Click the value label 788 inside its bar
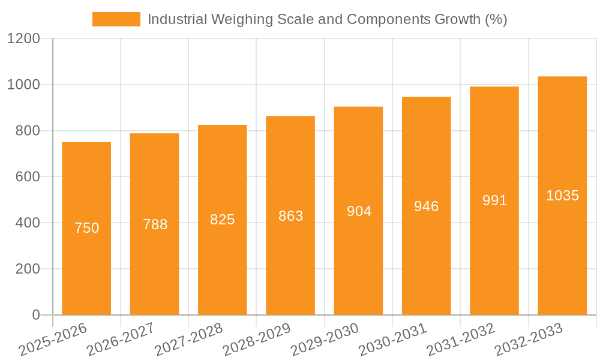tap(155, 224)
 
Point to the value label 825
tap(223, 220)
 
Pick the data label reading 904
tap(359, 211)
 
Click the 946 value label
tap(427, 206)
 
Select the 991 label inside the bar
tap(494, 201)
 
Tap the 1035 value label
tap(562, 196)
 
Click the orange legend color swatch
tap(116, 19)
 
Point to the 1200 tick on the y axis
tap(23, 39)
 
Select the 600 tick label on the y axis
tap(28, 177)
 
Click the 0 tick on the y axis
tap(35, 315)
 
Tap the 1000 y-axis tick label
tap(23, 85)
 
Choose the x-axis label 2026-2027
tap(120, 340)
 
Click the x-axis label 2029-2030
tap(324, 340)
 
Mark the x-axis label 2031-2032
tap(460, 340)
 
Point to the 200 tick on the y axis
tap(28, 269)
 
